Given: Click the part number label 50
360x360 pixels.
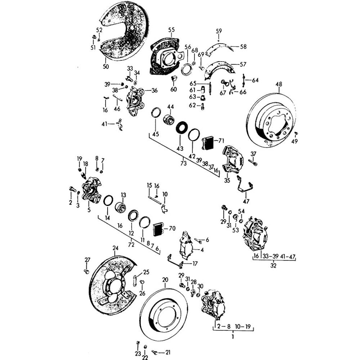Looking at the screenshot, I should [105, 67].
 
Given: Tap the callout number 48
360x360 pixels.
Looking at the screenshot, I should [279, 85].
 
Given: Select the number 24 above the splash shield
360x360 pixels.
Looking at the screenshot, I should [115, 248].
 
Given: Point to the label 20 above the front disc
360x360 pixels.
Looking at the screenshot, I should [165, 280].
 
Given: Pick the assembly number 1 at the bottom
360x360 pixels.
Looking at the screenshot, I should [233, 337].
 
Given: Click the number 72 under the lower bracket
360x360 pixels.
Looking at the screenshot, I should [131, 245].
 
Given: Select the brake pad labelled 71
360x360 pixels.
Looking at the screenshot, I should [207, 142].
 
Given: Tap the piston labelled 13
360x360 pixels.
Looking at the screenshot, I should [120, 208].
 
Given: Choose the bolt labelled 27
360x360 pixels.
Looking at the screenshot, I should [86, 271].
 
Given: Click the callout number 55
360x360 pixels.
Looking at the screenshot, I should [171, 30].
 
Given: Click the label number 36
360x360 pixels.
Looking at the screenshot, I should [154, 90].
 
